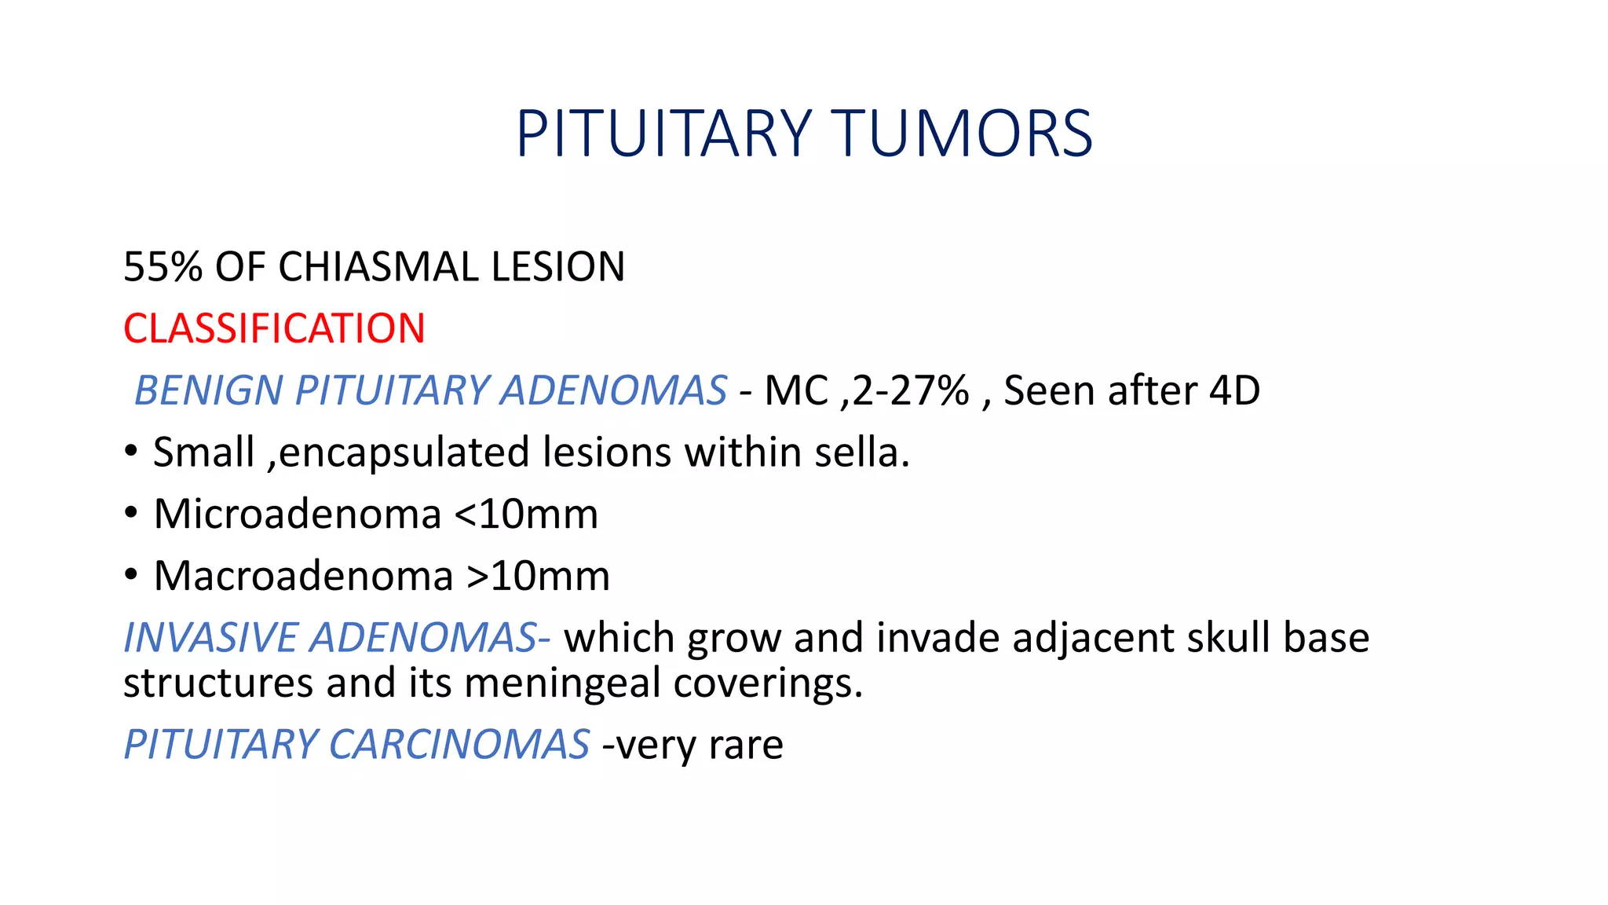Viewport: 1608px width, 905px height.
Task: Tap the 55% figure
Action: (163, 267)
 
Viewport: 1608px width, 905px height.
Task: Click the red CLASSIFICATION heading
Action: (274, 328)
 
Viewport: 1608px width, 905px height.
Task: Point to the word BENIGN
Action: (208, 390)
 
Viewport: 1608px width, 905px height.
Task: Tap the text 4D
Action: (1234, 390)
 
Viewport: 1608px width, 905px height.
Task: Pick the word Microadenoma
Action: (297, 515)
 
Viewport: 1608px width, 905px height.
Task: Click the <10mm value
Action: (526, 515)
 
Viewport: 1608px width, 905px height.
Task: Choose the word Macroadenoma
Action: (303, 576)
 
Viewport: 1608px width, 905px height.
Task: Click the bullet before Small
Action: (131, 452)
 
